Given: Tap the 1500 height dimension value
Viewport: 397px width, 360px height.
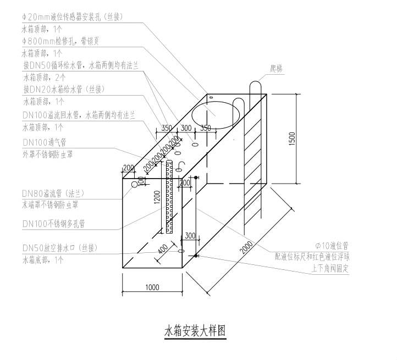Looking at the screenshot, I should (293, 137).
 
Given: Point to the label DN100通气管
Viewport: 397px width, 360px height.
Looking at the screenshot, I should (45, 142).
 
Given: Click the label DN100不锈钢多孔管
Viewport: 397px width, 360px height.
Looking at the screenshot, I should (53, 224).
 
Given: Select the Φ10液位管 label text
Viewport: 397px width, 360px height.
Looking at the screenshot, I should (333, 245).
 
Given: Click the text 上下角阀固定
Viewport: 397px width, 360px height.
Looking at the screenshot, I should (330, 269).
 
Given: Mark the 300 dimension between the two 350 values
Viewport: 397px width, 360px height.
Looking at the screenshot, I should (185, 128).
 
